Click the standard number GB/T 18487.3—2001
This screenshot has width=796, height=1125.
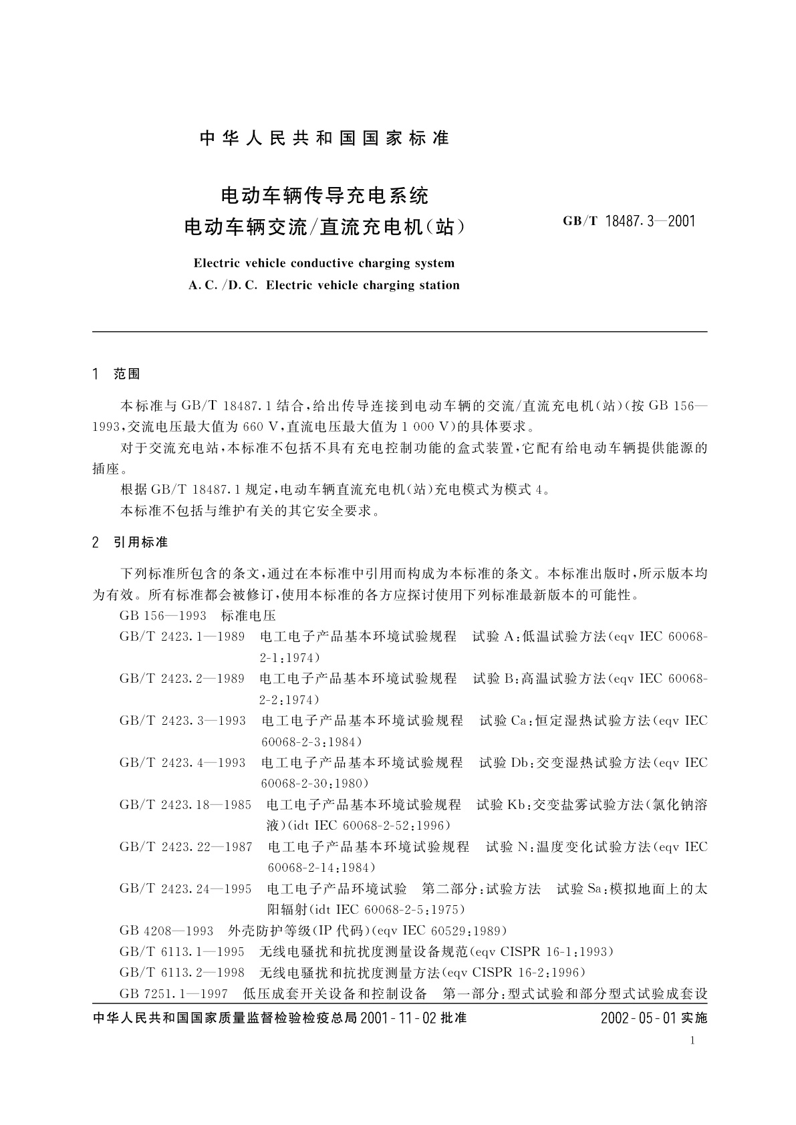[629, 221]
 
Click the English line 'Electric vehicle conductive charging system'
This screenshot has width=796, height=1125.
[323, 263]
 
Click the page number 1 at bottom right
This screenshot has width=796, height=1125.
[692, 1040]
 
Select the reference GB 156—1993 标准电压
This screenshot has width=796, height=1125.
[197, 615]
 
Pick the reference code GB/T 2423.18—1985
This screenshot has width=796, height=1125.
[185, 804]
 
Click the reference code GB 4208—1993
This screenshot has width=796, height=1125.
[166, 931]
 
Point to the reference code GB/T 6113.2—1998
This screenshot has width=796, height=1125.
[182, 972]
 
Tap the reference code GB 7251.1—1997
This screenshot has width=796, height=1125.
[174, 993]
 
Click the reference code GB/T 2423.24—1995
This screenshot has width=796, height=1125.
[185, 889]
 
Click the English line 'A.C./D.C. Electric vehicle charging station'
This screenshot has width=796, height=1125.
[324, 285]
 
